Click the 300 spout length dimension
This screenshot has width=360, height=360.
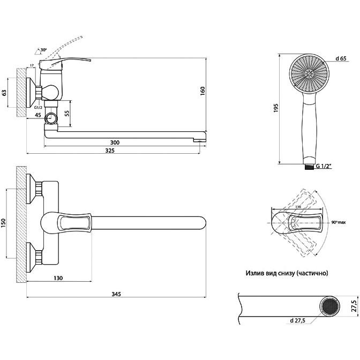[115, 142]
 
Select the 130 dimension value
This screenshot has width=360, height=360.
[59, 277]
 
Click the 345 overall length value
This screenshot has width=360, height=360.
[116, 294]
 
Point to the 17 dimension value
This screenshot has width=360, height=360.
[32, 66]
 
